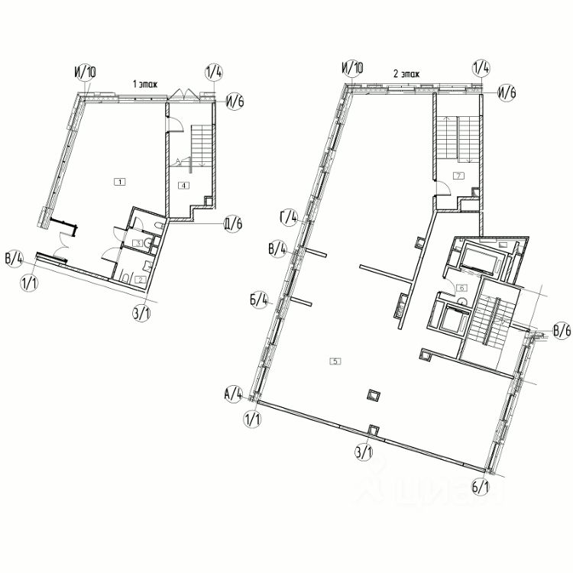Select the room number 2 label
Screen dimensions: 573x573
[140, 280]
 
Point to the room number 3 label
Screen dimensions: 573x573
[138, 243]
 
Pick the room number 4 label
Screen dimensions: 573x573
[183, 185]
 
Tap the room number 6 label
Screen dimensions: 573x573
[461, 288]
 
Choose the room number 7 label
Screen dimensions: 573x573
[458, 176]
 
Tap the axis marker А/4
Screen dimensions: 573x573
[232, 395]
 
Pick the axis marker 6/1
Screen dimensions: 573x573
[481, 487]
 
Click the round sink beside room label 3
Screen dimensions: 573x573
[155, 228]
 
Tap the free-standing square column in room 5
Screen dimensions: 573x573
[373, 395]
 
